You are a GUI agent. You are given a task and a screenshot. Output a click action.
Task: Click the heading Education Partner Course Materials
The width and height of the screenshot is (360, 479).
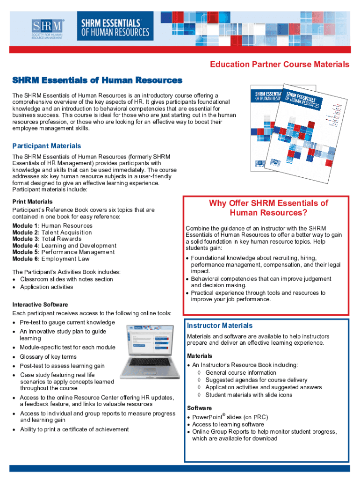pos(279,65)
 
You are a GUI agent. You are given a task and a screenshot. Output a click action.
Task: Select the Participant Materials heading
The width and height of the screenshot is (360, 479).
pos(46,146)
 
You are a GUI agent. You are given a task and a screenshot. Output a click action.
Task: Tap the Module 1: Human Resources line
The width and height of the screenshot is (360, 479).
pos(52,225)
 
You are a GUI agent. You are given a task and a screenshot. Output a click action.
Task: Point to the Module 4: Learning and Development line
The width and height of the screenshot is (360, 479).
pos(64,246)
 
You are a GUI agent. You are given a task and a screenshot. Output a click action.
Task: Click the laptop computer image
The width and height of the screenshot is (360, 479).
pos(149,351)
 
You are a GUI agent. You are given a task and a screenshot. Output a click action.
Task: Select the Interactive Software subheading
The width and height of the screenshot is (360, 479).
pos(40,305)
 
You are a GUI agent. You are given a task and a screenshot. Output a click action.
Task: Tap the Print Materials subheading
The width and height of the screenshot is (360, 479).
pos(32,202)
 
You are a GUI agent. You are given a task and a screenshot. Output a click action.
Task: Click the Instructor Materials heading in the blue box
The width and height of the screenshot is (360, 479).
pos(220,326)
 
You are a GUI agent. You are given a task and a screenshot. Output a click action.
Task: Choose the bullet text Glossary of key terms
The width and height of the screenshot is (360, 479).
pos(48,357)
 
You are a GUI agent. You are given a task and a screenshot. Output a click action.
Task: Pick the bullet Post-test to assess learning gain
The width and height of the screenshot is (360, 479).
pos(62,366)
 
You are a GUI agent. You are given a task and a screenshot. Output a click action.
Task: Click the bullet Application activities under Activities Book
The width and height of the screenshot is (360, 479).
pos(46,287)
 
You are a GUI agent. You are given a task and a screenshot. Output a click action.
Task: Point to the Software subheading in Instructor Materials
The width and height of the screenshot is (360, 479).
pos(199,408)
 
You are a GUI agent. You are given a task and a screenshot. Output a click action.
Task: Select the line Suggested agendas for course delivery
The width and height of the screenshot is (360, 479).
pos(256,380)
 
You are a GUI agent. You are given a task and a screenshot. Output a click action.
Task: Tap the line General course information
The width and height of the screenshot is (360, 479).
pos(241,373)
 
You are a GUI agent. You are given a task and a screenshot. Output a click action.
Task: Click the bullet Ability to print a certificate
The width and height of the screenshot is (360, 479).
pos(74,429)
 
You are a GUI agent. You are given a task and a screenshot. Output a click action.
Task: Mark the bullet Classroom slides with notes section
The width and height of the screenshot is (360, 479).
pos(66,279)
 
